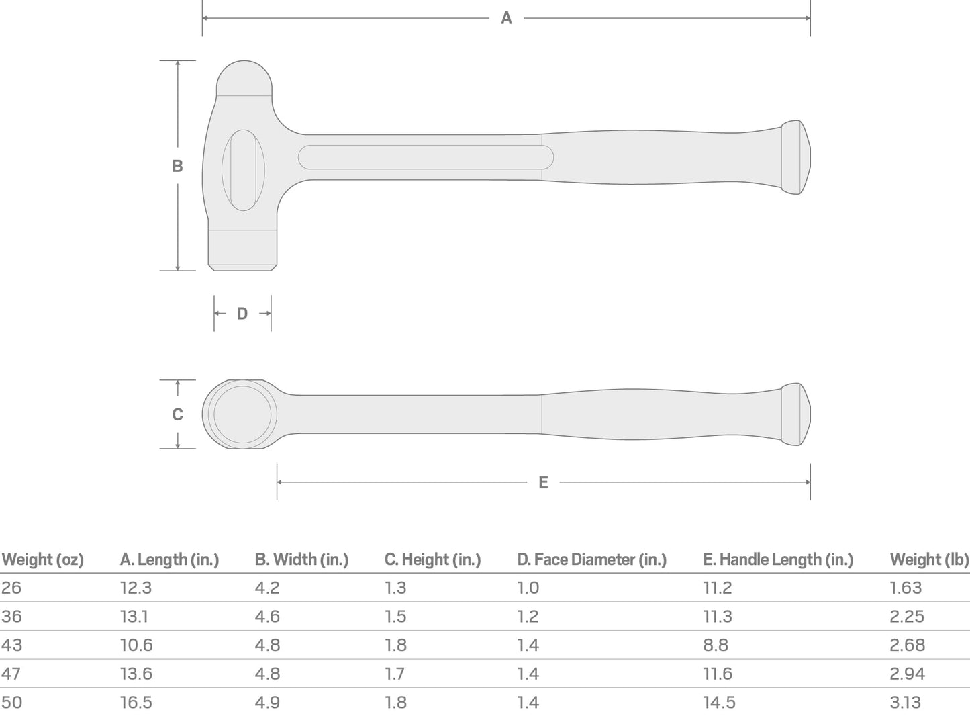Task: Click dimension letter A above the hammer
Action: pos(506,18)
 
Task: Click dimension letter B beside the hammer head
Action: pos(177,166)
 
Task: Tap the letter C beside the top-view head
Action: pos(177,414)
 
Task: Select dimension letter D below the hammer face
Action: pos(242,314)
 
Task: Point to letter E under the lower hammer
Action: pos(543,482)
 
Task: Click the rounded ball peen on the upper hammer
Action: pos(244,78)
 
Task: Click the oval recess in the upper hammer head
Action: pos(243,171)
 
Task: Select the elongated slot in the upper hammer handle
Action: pos(426,157)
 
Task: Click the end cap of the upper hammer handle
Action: pos(796,158)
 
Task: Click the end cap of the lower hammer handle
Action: pos(796,414)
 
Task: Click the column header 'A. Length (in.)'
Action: pos(169,560)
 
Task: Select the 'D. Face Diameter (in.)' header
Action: pos(591,560)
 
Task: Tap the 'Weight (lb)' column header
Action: pos(929,560)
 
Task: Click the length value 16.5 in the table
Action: pos(136,703)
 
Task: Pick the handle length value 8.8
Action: pos(716,645)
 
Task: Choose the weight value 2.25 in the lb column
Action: pos(907,617)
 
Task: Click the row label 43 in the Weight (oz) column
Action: pos(11,645)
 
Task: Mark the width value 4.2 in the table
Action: pos(267,588)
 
